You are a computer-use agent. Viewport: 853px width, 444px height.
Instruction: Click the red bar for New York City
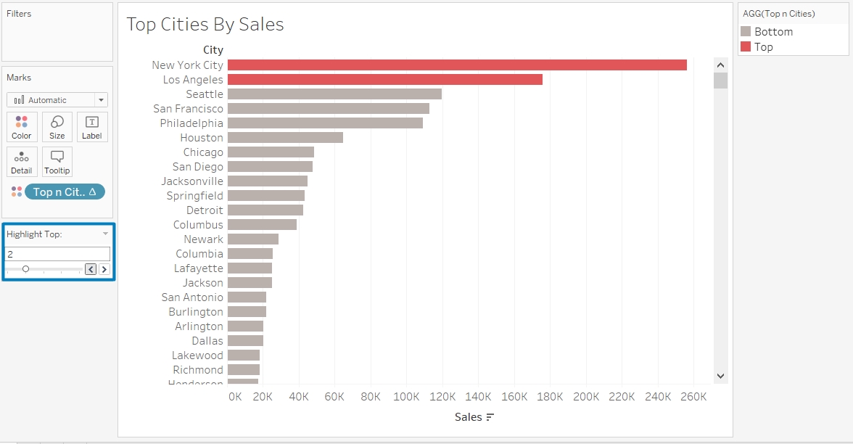coord(457,65)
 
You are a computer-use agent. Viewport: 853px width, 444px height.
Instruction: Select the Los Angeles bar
coord(384,80)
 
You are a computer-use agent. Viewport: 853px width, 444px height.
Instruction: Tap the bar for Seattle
coord(334,94)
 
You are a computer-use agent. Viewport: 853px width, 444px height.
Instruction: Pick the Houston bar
coord(285,138)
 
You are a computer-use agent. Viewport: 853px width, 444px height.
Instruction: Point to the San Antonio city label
coord(192,297)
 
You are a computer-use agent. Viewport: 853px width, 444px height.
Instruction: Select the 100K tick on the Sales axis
coord(406,397)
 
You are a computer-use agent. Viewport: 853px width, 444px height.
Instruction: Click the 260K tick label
coord(694,397)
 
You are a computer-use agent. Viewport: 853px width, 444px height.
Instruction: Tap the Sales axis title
coord(469,417)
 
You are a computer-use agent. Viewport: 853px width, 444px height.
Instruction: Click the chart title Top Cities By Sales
coord(205,24)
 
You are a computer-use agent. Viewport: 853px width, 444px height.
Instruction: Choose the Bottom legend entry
coord(773,32)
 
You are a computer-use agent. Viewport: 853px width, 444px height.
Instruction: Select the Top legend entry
coord(763,47)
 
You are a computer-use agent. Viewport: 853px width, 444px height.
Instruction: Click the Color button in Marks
coord(22,127)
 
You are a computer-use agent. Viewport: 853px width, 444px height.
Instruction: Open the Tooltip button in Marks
coord(57,162)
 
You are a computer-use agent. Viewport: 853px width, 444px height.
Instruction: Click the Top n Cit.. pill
coord(65,192)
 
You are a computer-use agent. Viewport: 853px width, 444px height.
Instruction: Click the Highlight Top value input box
coord(58,254)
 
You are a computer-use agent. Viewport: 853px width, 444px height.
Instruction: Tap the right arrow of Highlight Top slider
coord(104,269)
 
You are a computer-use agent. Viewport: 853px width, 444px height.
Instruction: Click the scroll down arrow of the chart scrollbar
coord(720,376)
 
